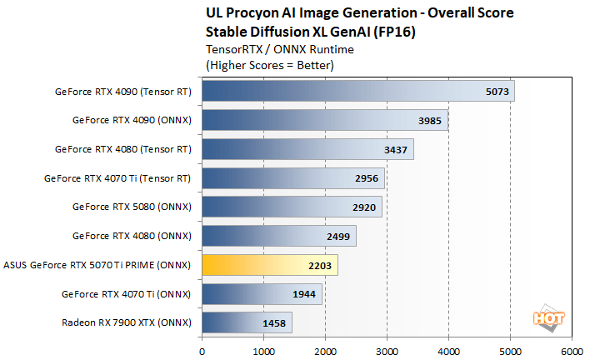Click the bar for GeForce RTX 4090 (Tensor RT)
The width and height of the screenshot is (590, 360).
point(357,91)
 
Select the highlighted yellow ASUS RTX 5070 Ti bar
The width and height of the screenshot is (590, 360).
point(269,265)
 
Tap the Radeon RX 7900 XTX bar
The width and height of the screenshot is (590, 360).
point(246,322)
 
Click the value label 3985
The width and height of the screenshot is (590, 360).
point(430,120)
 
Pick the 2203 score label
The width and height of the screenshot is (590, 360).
point(320,265)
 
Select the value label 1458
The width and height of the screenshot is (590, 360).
point(274,322)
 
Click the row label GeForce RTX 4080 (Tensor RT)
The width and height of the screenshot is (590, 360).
point(123,149)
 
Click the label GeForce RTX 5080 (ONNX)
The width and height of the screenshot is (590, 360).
point(132,207)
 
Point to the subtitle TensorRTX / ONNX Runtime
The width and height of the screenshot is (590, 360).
point(266,49)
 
